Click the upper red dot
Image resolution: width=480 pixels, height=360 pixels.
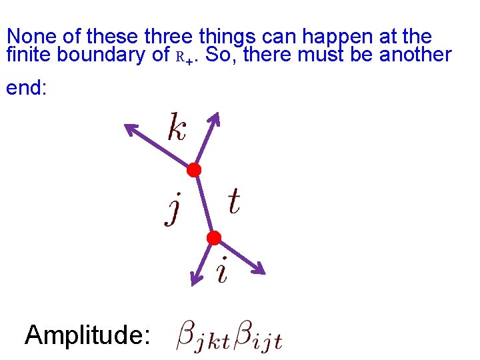193,170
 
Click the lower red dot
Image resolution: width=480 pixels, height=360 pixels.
213,238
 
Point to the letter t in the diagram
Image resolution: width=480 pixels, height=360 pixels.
233,201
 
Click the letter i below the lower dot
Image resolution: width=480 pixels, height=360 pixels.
222,271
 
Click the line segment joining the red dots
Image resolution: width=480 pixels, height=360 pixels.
203,204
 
